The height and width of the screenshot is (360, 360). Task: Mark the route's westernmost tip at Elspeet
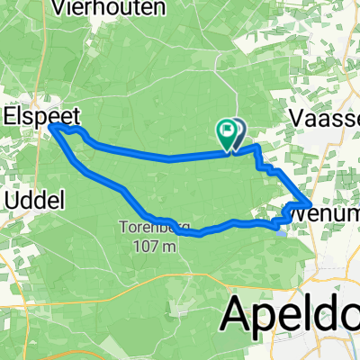click(51, 129)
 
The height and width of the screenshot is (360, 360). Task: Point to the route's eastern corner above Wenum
click(311, 202)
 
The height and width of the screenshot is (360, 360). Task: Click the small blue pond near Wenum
click(282, 229)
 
